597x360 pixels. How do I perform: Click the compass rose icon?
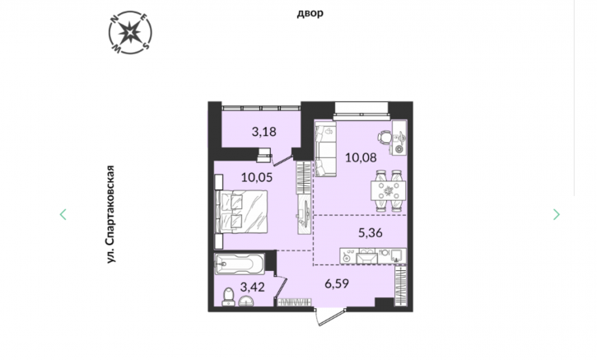point(130,32)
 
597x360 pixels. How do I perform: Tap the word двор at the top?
point(310,13)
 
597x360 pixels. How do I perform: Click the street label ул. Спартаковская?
point(110,214)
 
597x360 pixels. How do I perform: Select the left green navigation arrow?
point(63,214)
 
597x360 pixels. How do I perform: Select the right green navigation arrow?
point(557,214)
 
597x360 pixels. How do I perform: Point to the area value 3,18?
point(264,132)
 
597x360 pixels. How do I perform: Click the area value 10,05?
point(257,177)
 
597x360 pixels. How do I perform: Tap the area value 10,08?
point(361,157)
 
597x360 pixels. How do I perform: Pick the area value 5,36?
point(371,232)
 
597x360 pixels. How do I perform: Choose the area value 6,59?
point(337,283)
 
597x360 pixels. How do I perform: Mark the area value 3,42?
point(253,287)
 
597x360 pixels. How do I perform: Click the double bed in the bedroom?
point(241,212)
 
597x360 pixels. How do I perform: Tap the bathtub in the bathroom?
point(240,264)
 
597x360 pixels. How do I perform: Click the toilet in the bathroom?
point(228,297)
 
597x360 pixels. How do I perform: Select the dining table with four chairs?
point(389,190)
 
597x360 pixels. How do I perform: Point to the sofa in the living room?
point(325,149)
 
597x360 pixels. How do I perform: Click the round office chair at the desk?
point(385,137)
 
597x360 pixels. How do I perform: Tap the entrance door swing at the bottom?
point(329,316)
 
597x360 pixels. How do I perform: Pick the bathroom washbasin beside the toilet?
point(248,302)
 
